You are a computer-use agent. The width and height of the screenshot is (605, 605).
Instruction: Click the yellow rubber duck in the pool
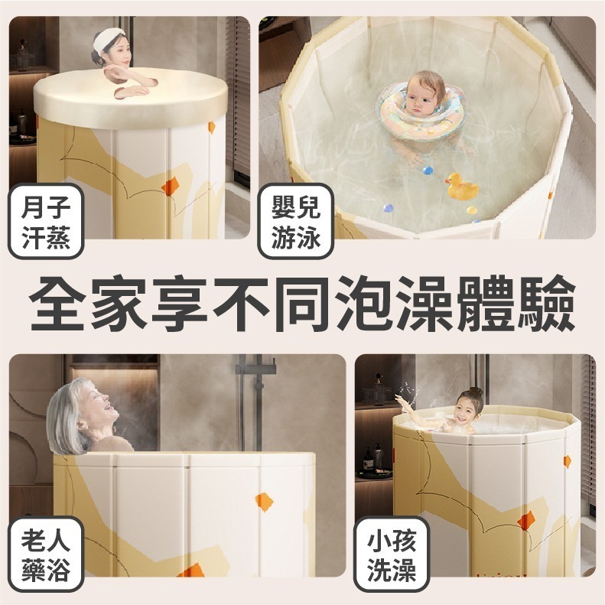tap(462, 186)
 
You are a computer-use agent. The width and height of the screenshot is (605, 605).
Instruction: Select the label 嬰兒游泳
tap(295, 220)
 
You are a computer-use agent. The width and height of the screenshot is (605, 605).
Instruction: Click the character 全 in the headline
tap(59, 304)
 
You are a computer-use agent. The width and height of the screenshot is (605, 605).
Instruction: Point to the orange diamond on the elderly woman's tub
tap(264, 502)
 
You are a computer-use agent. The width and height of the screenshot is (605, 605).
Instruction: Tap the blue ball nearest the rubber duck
tap(428, 170)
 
